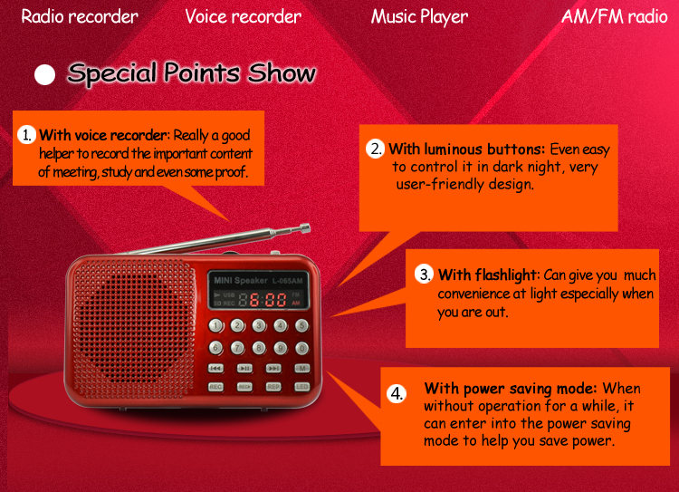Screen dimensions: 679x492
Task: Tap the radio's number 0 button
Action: tap(301, 348)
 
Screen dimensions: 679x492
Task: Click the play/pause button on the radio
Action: tap(244, 369)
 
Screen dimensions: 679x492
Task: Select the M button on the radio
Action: tap(302, 369)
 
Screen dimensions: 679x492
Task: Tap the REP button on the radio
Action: tap(273, 386)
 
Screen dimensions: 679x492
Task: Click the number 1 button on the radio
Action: tap(216, 325)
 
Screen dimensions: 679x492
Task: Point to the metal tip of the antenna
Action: tap(305, 228)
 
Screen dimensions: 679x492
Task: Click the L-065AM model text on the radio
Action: tap(287, 281)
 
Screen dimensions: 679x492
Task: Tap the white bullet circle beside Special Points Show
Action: tap(45, 74)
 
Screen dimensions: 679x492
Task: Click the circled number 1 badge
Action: tap(27, 135)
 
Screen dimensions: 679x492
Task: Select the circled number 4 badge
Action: tap(397, 393)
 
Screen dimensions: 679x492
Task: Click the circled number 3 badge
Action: tap(425, 275)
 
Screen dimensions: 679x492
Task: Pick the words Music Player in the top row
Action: tap(419, 17)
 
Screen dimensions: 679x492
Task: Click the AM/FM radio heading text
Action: tap(615, 16)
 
